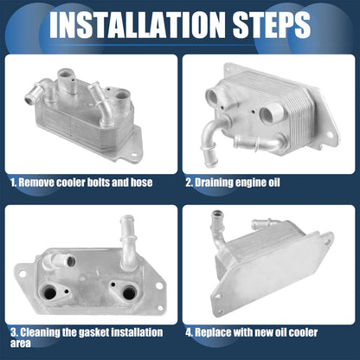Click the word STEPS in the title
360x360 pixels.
(x=272, y=24)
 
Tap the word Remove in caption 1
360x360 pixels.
(x=36, y=183)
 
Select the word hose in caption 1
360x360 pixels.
(x=141, y=183)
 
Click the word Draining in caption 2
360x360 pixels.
(x=214, y=183)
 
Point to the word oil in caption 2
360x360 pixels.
(x=273, y=183)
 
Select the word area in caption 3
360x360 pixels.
(x=21, y=344)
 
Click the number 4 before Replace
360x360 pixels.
(x=189, y=332)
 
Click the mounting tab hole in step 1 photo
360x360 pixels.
(x=134, y=155)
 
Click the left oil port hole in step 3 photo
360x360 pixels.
(x=50, y=293)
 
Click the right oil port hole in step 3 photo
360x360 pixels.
(x=129, y=293)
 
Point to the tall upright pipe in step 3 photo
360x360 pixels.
(x=128, y=241)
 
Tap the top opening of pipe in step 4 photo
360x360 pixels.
(x=215, y=214)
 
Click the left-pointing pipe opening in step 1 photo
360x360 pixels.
(x=29, y=100)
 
